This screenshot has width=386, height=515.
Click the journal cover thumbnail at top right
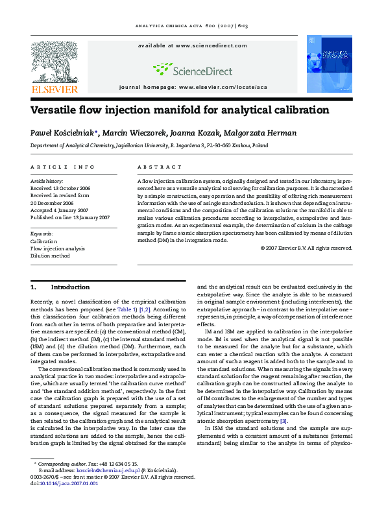(x=329, y=63)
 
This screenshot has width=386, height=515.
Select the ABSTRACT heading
(x=155, y=167)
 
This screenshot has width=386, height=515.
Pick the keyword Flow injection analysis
(x=57, y=248)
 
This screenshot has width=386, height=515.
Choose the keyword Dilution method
(x=50, y=256)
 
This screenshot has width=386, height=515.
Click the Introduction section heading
(x=70, y=287)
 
